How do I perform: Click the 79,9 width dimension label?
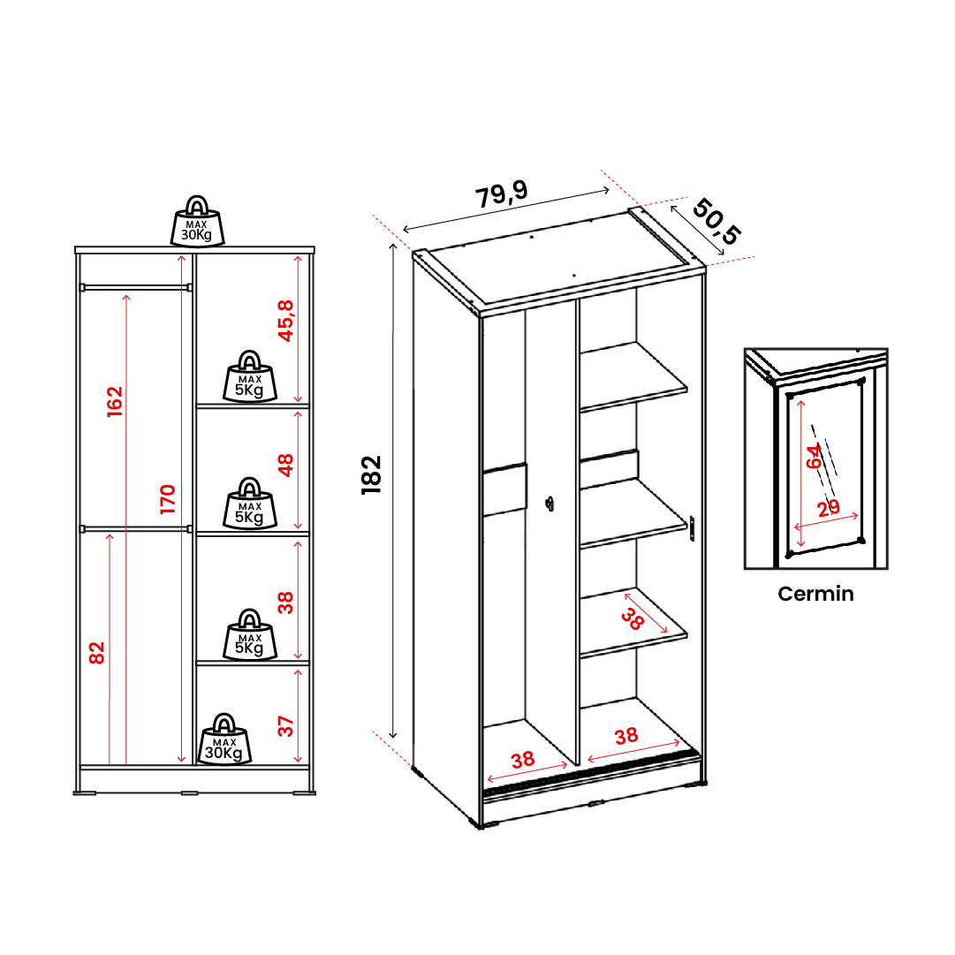coord(501,194)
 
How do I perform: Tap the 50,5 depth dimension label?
coord(716,221)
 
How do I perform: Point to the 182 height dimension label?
coord(371,475)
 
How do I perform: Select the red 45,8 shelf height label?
coord(285,321)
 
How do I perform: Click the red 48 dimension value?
coord(285,466)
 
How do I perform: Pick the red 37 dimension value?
coord(285,726)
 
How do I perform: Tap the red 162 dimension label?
coord(115,402)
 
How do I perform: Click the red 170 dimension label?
coord(168,499)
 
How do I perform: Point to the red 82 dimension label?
coord(97,653)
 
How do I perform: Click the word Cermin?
coord(815,594)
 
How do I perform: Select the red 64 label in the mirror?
coord(814,457)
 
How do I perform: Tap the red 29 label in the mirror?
coord(829,508)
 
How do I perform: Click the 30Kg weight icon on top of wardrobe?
coord(197,222)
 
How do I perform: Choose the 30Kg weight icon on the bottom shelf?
coord(224,739)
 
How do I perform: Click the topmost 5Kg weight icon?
coord(250,376)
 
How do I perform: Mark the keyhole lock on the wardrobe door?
coord(550,504)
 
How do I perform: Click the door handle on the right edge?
coord(692,528)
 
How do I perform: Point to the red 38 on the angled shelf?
coord(633,618)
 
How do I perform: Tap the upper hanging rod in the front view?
coord(136,287)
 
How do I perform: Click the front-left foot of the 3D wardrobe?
coord(478,824)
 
